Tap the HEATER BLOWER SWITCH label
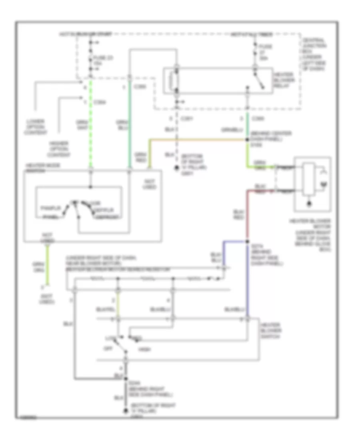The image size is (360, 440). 270,331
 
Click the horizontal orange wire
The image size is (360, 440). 196,140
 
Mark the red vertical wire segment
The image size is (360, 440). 248,216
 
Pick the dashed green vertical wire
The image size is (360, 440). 91,124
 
